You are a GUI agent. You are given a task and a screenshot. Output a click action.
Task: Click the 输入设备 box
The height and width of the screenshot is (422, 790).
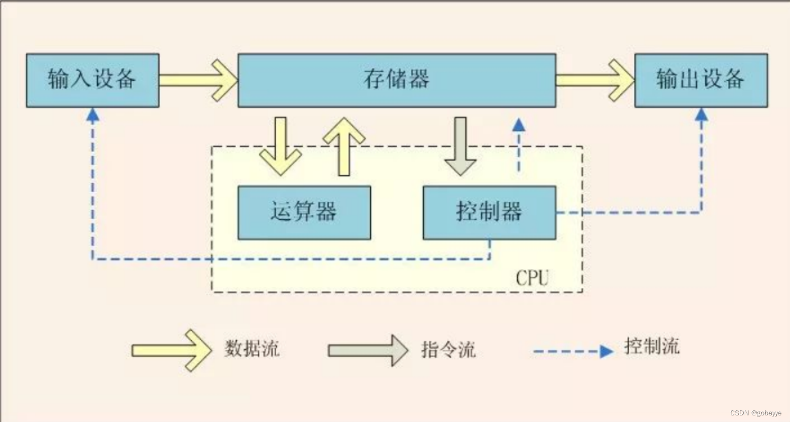92,80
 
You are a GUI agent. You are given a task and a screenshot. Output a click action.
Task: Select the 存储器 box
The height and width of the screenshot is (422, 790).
397,80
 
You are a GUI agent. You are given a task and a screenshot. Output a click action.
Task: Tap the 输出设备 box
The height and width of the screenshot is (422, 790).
701,80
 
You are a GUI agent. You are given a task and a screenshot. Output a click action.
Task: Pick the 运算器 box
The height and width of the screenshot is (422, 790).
304,212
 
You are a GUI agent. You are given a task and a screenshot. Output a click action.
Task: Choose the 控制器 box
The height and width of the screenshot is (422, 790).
489,212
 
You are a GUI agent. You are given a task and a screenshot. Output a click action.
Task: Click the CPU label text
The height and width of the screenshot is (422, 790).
532,278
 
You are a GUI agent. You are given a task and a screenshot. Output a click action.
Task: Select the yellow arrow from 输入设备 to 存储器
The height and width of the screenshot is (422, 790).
198,81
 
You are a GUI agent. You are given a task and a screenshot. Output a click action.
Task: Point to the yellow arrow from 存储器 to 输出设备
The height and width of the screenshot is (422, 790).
594,81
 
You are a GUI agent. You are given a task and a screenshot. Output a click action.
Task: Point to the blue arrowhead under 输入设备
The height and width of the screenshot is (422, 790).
93,114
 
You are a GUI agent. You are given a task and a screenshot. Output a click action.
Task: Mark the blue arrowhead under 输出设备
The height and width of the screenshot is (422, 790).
702,114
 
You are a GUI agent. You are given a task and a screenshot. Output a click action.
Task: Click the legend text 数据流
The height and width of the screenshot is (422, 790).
252,349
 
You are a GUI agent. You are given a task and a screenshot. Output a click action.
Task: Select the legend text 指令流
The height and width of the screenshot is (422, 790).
448,350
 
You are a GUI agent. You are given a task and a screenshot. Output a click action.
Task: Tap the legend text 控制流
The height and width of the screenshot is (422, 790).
652,347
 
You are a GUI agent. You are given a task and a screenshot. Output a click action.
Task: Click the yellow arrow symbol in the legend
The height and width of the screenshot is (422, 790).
171,350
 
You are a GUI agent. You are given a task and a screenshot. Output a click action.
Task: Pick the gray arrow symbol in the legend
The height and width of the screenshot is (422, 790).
368,350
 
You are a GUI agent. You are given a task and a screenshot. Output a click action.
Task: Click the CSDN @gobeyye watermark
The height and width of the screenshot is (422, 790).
755,413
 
